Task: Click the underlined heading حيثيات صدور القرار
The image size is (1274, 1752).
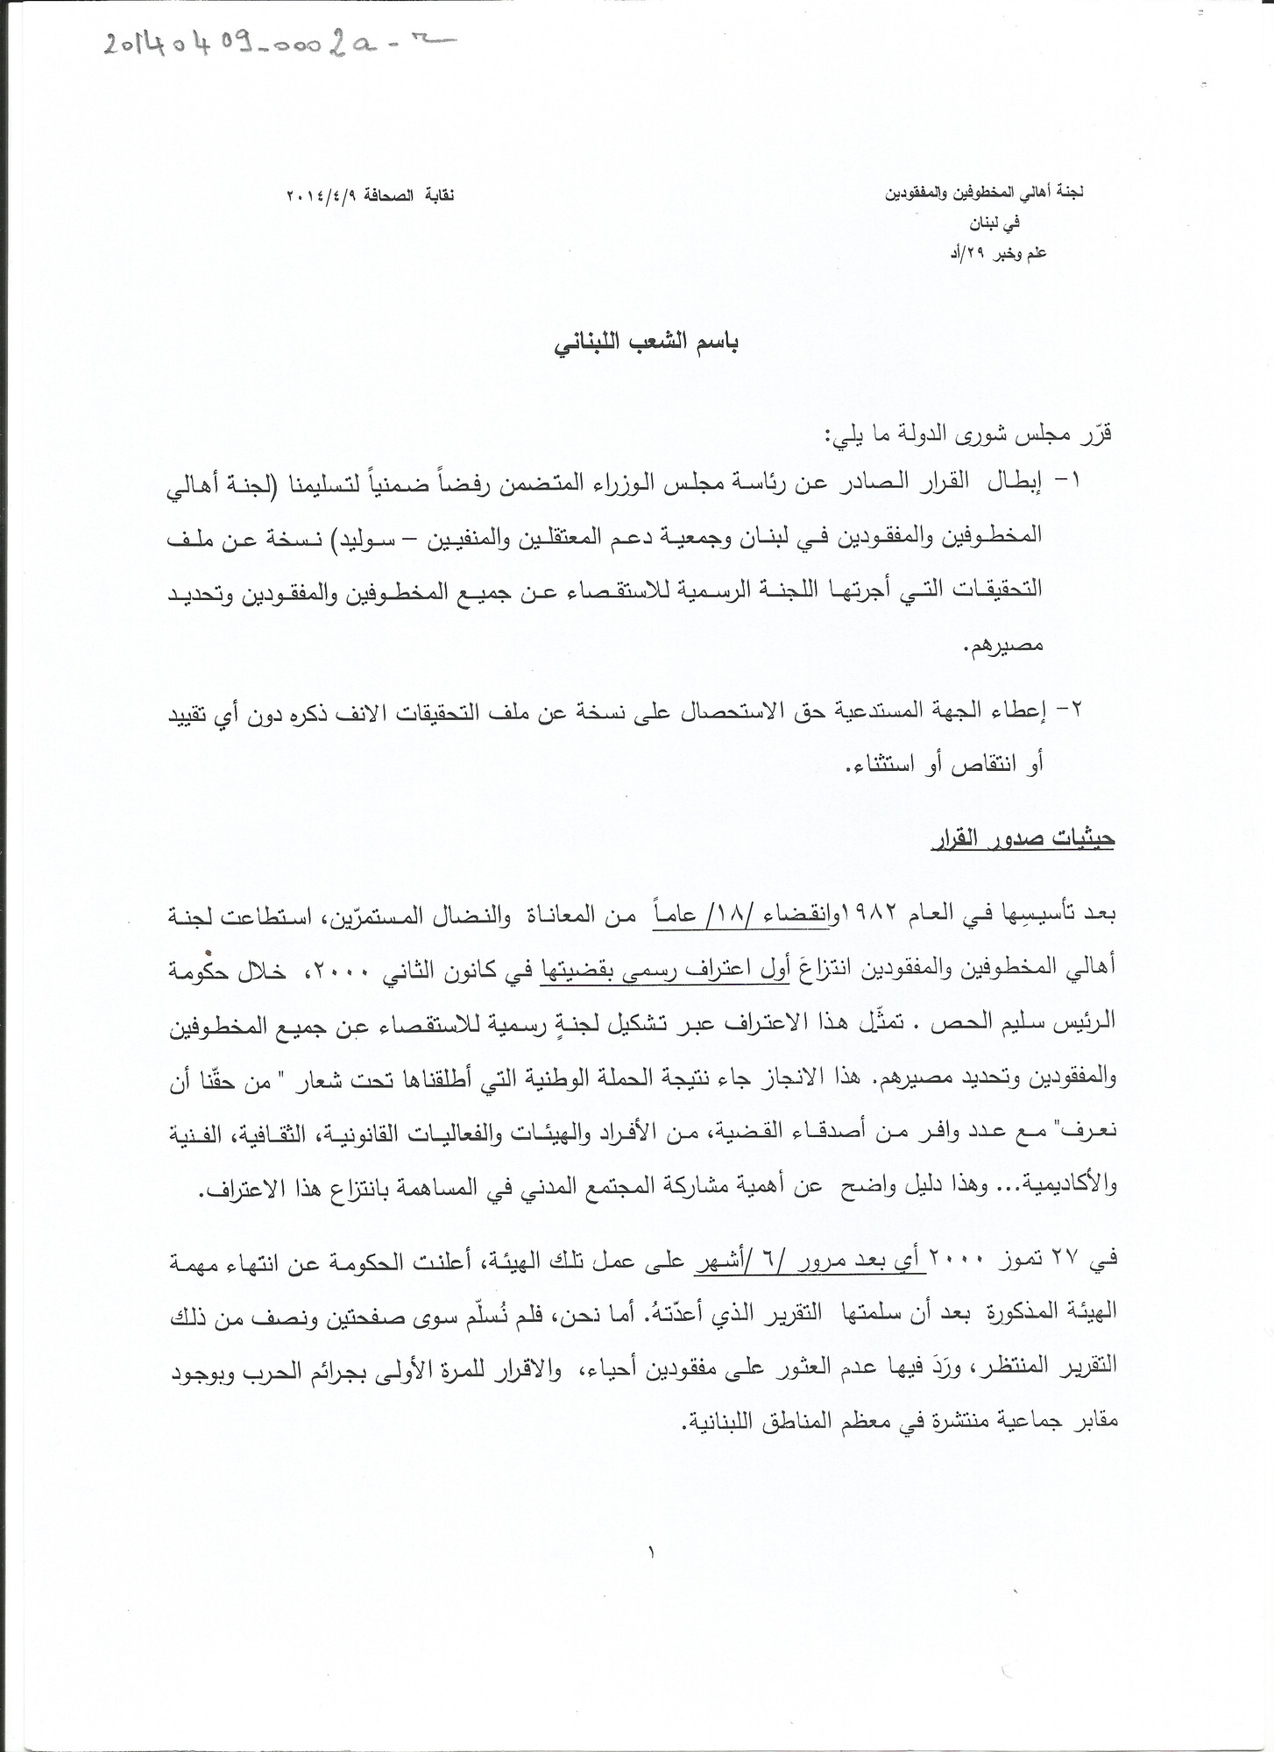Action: (x=1022, y=837)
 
